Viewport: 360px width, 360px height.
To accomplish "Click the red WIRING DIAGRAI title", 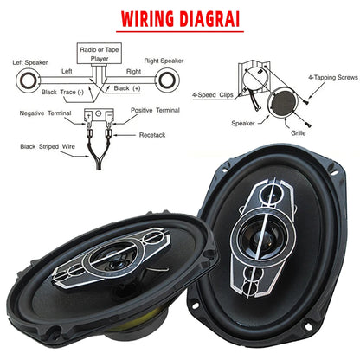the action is [x=180, y=19].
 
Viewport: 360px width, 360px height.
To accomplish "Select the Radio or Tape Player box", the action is [x=100, y=54].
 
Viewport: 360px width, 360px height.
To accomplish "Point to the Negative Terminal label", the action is [x=45, y=113].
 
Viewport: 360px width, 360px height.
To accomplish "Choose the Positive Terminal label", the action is [x=155, y=110].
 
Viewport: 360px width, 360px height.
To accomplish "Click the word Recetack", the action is [x=152, y=135].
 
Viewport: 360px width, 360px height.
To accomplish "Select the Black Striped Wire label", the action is [x=48, y=146].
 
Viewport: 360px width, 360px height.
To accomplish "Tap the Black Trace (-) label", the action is [x=62, y=92].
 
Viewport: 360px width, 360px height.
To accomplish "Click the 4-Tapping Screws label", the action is [x=333, y=77].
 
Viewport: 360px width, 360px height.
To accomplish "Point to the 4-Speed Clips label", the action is [x=213, y=95].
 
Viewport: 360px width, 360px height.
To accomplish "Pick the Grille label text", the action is [x=299, y=133].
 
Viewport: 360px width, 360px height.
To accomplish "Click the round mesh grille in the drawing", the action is [x=283, y=103].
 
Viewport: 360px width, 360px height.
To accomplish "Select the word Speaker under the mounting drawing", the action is [x=243, y=124].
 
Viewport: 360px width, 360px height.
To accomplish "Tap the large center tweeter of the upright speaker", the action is [x=262, y=237].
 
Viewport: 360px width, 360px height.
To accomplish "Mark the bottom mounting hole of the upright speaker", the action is [x=308, y=327].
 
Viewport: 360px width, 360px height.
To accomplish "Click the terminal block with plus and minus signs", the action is [x=99, y=115].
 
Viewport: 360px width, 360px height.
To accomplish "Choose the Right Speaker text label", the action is [x=164, y=61].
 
